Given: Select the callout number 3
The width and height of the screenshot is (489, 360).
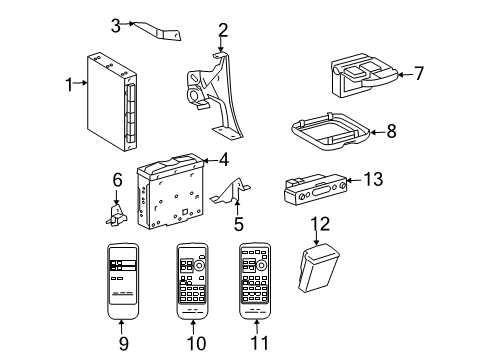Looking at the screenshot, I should click(x=116, y=25).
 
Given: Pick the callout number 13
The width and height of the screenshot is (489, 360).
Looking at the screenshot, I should click(x=373, y=179).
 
